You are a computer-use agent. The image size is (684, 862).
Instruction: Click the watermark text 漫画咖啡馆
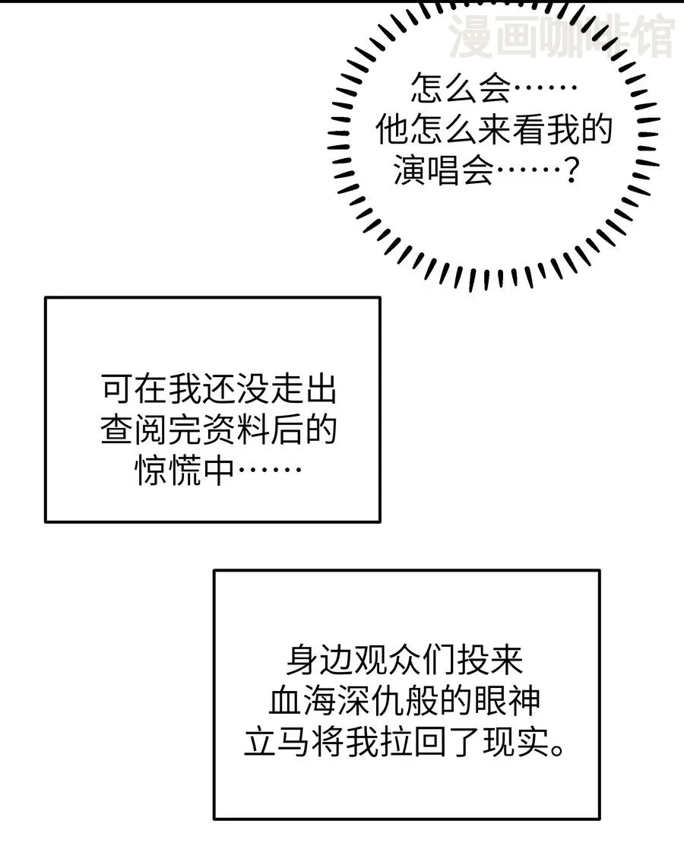click(562, 36)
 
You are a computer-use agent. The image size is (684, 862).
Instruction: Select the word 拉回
click(423, 742)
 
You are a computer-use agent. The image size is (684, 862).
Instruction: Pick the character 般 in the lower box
click(423, 701)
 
